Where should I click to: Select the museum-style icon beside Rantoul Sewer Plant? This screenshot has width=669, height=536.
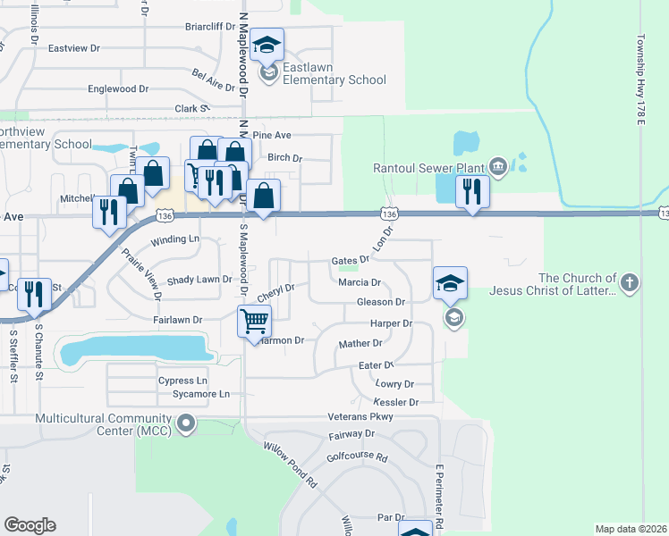(x=498, y=165)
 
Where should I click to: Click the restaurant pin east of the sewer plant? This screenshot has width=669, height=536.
(x=470, y=191)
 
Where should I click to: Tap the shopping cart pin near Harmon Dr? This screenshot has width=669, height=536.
(x=254, y=321)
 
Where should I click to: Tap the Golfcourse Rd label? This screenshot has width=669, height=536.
(x=357, y=456)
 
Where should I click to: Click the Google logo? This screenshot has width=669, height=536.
(x=30, y=525)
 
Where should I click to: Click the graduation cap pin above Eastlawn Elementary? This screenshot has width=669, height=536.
(x=267, y=44)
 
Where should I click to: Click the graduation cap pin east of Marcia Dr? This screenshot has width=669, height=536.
(x=450, y=283)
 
